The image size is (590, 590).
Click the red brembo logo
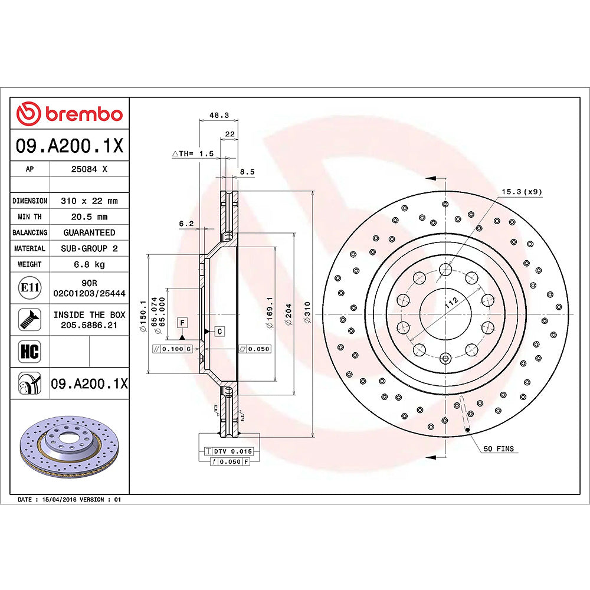coord(70,113)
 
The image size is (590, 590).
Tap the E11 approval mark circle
coord(29,288)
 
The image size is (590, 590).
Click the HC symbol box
coord(29,352)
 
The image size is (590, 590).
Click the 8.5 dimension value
coord(247,172)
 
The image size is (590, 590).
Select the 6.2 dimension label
coord(186,223)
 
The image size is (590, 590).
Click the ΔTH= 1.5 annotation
coord(192,153)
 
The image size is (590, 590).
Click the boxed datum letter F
coord(183,322)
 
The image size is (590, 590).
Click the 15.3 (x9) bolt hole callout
coord(522,192)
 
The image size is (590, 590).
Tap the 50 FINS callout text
coord(499,449)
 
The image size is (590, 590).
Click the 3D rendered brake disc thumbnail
coord(70,447)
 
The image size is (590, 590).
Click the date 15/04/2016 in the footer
coord(57,500)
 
